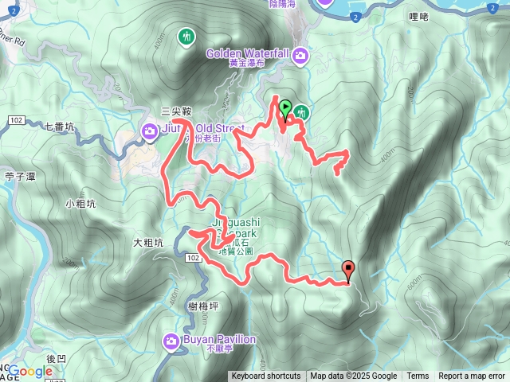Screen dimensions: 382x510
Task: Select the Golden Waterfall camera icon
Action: (x=301, y=54)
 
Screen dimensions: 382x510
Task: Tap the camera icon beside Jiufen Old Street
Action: (x=149, y=130)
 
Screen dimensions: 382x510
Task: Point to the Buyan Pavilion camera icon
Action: (x=171, y=341)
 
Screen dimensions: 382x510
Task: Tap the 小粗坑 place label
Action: (x=80, y=204)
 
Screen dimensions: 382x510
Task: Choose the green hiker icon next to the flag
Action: (x=302, y=114)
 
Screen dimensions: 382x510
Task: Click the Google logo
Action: (x=29, y=371)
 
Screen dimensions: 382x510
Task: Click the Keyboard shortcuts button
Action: (x=266, y=376)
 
